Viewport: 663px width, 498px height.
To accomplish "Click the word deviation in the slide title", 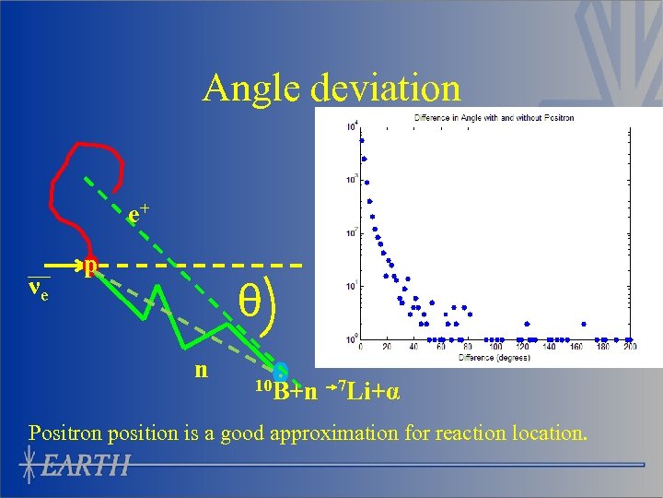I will (386, 89).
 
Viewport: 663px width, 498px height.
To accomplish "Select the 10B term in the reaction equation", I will (271, 390).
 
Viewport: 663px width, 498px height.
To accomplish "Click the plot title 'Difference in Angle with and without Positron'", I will (494, 118).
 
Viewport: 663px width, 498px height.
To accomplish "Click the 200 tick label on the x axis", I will (630, 349).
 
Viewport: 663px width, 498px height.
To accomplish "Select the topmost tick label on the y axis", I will (352, 126).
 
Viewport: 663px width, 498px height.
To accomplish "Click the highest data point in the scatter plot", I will (362, 141).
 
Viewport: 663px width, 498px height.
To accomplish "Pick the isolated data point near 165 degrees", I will (585, 324).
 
